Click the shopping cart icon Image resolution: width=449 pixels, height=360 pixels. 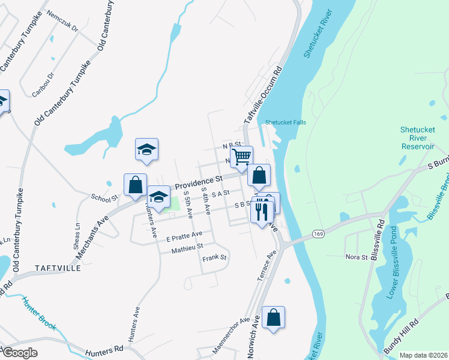[x=241, y=157]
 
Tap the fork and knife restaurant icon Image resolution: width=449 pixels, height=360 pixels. [x=261, y=212]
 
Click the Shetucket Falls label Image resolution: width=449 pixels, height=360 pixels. [x=286, y=122]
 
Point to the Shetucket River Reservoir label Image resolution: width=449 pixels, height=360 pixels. [x=417, y=139]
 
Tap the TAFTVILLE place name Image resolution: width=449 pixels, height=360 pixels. [x=58, y=268]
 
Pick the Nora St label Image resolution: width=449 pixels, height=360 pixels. [x=356, y=257]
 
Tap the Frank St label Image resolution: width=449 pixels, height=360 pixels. [x=214, y=258]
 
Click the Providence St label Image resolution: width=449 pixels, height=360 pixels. [x=199, y=181]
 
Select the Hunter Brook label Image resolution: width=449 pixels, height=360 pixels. [x=39, y=314]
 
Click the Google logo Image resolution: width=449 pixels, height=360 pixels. [x=19, y=353]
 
